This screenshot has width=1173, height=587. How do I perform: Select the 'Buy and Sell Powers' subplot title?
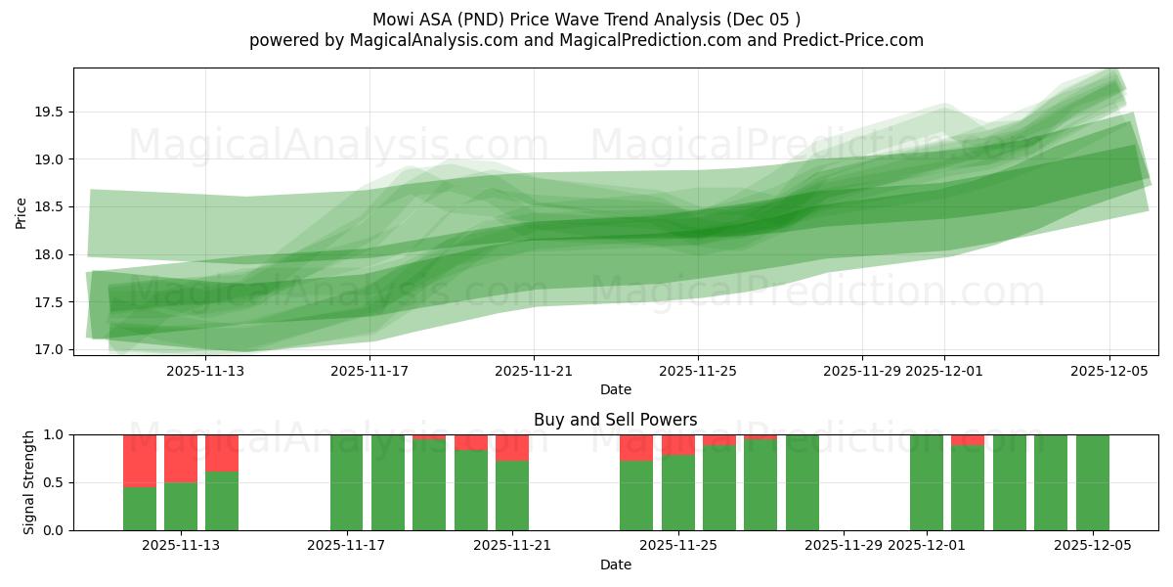(616, 420)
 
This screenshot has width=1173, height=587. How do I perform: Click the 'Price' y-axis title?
(22, 211)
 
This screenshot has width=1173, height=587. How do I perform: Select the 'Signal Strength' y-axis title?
(29, 482)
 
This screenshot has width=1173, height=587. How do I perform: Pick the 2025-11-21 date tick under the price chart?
(534, 371)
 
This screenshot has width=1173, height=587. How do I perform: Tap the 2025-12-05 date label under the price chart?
(1108, 371)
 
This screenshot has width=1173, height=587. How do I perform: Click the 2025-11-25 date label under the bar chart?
(677, 546)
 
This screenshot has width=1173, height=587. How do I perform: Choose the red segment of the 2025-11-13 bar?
(181, 458)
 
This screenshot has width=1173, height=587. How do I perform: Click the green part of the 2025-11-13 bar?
(181, 507)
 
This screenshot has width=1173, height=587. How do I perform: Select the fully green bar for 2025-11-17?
(346, 482)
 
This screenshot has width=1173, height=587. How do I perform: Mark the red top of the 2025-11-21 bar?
(512, 447)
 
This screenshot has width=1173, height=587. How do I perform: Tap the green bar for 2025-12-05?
(1093, 482)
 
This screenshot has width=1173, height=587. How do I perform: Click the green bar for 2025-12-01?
(927, 482)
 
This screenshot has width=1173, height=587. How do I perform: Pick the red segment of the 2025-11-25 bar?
(677, 444)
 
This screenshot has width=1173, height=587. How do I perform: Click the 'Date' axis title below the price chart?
(616, 389)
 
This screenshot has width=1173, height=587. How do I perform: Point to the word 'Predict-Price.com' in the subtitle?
(856, 40)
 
